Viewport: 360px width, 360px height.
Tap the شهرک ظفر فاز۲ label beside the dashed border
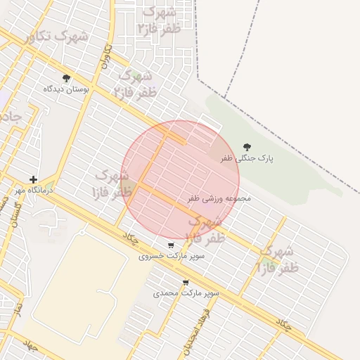point(161,20)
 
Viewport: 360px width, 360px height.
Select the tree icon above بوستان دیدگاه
point(66,78)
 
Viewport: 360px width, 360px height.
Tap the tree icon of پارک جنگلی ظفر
point(247,147)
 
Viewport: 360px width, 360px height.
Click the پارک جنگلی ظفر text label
point(246,159)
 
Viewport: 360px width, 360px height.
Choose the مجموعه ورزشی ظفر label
point(219,199)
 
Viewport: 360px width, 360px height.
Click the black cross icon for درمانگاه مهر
point(33,179)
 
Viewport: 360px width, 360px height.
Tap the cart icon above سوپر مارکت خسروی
point(171,245)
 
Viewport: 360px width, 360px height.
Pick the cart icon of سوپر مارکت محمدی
point(186,282)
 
